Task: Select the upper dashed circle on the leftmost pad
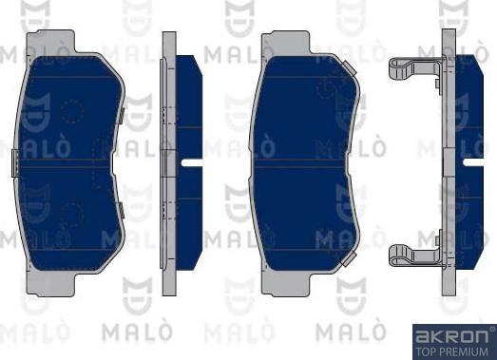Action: tap(73, 111)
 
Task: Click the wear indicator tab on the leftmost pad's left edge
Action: tap(13, 162)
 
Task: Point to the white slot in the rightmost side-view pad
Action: tap(473, 161)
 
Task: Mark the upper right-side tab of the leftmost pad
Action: tap(124, 115)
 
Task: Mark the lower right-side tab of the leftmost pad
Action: tap(124, 208)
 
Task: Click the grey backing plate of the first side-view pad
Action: tap(169, 161)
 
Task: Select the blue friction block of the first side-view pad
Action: tap(189, 114)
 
